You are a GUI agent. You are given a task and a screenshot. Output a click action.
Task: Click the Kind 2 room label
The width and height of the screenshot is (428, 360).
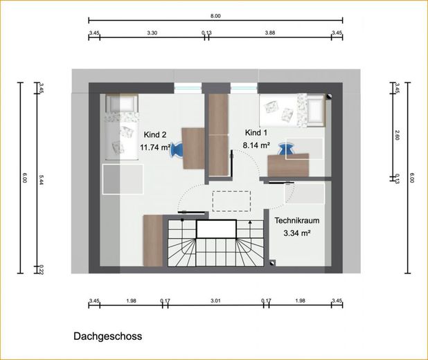[x=154, y=134]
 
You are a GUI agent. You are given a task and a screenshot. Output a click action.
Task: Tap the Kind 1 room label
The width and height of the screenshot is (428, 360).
[x=256, y=133]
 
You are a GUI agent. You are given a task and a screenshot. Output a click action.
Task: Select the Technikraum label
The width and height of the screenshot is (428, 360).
[x=297, y=221]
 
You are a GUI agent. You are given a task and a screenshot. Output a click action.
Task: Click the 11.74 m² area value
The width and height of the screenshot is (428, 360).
[x=156, y=147]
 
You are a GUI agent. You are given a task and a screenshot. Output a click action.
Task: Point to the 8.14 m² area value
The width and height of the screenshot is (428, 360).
[x=256, y=145]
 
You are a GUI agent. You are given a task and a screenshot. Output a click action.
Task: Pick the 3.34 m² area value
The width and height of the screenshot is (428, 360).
[x=297, y=233]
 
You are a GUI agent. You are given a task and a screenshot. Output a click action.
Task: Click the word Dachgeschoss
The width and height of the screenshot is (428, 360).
[x=108, y=336]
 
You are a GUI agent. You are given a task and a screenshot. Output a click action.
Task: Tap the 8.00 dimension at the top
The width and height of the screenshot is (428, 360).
[x=215, y=16]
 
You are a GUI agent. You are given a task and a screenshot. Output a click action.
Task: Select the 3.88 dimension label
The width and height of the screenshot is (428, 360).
[x=270, y=33]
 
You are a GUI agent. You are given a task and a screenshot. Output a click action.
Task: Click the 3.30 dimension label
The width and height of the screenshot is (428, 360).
[x=152, y=33]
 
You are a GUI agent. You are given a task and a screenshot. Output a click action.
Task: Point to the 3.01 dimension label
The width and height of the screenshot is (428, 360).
[x=215, y=301]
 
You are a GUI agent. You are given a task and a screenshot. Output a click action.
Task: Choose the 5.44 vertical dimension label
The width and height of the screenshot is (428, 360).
[x=42, y=179]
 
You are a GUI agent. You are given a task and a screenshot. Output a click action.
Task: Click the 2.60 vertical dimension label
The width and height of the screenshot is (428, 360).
[x=398, y=135]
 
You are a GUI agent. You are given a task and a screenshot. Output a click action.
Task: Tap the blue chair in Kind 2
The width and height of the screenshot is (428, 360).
[x=176, y=150]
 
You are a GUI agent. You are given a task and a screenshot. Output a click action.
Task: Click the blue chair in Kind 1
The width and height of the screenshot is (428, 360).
[x=286, y=150]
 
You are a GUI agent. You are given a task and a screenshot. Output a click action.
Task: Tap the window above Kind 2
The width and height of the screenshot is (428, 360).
[x=188, y=88]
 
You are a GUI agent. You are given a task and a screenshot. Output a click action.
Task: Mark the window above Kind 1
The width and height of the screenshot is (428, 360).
[x=244, y=88]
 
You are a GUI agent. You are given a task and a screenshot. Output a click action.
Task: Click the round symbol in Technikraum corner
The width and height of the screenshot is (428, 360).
[x=272, y=263]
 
